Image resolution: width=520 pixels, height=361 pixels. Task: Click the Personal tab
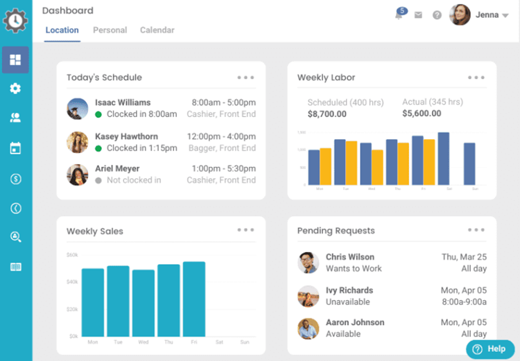110,30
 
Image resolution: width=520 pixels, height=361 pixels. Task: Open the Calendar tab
157,30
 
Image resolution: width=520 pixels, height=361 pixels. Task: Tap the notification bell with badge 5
399,15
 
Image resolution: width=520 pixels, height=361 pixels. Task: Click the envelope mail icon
418,15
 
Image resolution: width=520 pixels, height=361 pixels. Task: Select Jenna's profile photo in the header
460,15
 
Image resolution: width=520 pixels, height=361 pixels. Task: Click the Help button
489,349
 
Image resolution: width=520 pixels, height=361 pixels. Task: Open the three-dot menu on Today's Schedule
245,78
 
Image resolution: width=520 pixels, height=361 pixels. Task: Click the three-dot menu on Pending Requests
476,230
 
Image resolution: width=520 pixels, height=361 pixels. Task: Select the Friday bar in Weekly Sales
194,299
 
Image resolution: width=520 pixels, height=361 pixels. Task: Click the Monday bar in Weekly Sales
93,302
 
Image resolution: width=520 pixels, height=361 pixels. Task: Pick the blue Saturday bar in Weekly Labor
444,159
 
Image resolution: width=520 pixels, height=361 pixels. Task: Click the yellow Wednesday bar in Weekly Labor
377,168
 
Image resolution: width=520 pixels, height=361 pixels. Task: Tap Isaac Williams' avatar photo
77,109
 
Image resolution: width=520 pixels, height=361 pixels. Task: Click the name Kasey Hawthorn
126,137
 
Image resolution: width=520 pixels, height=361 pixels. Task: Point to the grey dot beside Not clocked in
98,180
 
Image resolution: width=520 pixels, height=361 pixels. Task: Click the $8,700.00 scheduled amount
327,114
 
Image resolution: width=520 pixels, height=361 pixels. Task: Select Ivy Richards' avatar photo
308,296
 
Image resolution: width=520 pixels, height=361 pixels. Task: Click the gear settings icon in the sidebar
15,89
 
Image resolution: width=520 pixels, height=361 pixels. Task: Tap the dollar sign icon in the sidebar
15,179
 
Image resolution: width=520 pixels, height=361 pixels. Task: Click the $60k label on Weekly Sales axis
72,255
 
